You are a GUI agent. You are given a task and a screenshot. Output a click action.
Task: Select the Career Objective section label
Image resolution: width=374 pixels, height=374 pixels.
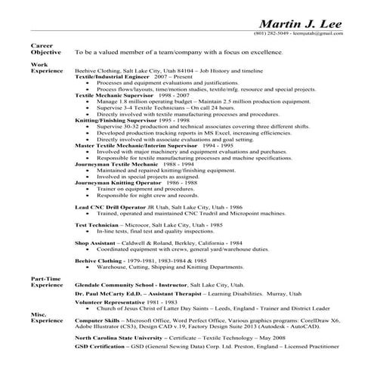(42, 49)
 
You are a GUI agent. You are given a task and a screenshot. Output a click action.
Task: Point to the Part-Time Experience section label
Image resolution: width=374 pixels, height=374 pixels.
(45, 281)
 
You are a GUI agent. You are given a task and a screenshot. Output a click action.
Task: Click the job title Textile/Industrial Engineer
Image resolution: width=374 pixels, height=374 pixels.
(111, 76)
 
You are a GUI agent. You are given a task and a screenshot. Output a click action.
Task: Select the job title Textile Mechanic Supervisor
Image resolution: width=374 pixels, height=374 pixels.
(113, 96)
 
